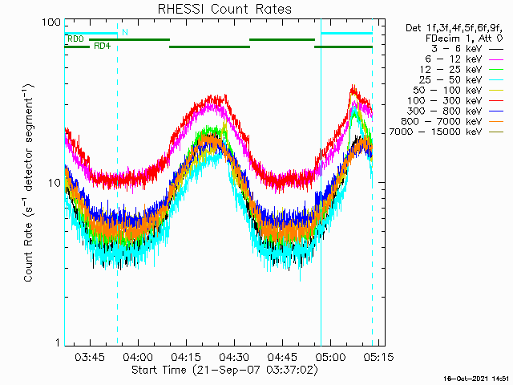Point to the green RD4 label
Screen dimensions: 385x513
(102, 46)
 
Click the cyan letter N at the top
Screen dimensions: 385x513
(124, 32)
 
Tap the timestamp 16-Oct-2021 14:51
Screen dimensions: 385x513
(478, 378)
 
